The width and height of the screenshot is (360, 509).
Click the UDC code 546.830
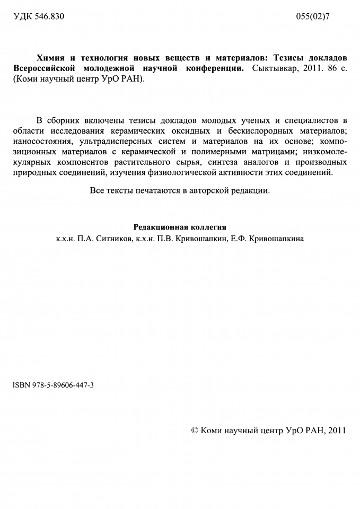[x=49, y=16]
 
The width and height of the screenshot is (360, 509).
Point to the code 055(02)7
[x=323, y=16]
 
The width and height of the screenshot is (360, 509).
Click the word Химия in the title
[x=50, y=57]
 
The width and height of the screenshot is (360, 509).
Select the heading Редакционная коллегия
[x=179, y=227]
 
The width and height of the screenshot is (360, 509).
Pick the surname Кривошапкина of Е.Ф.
[x=276, y=239]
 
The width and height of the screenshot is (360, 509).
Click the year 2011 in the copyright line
[x=337, y=430]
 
